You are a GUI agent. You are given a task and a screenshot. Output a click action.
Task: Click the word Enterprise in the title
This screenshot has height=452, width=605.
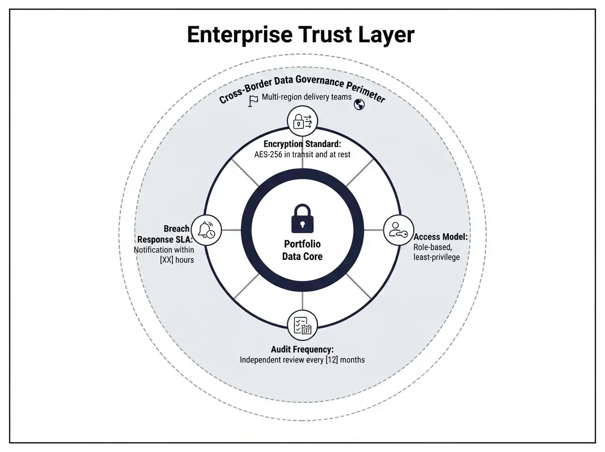pos(239,35)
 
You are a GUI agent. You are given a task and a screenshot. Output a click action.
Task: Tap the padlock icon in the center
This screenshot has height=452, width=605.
pos(302,218)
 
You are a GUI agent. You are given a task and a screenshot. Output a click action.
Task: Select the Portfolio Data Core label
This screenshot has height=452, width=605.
pos(302,250)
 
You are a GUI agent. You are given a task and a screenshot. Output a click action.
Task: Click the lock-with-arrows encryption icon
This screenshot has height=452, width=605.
pos(302,122)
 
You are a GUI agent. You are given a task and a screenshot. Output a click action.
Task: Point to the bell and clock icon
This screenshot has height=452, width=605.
pos(206,230)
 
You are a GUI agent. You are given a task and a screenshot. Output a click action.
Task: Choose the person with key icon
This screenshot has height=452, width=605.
pos(398,230)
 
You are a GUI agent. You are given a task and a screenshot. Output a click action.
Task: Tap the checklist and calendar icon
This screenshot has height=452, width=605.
pos(302,325)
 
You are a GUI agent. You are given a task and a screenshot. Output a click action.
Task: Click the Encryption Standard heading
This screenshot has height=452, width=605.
pos(302,144)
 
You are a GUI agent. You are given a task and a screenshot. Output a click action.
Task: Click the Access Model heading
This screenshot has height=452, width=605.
pos(441,237)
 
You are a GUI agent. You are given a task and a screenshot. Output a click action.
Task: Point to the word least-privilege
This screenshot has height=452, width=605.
pos(437,257)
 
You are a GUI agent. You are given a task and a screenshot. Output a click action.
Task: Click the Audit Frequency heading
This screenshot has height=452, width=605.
pos(302,350)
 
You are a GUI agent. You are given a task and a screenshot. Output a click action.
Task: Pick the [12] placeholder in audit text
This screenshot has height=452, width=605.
pos(332,360)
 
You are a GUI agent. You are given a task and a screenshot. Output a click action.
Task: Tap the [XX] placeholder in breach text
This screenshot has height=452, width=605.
pos(167,260)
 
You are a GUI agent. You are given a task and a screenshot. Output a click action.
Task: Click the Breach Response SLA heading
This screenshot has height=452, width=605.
pos(165,234)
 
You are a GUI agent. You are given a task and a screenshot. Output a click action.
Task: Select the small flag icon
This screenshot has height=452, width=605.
pos(253,101)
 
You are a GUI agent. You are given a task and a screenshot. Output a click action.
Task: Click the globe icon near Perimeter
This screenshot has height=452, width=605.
pos(359,104)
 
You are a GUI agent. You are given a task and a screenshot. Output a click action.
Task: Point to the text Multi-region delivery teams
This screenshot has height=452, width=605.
pos(307,97)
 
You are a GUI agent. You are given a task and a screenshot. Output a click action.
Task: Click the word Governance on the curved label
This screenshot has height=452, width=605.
pos(320,81)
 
